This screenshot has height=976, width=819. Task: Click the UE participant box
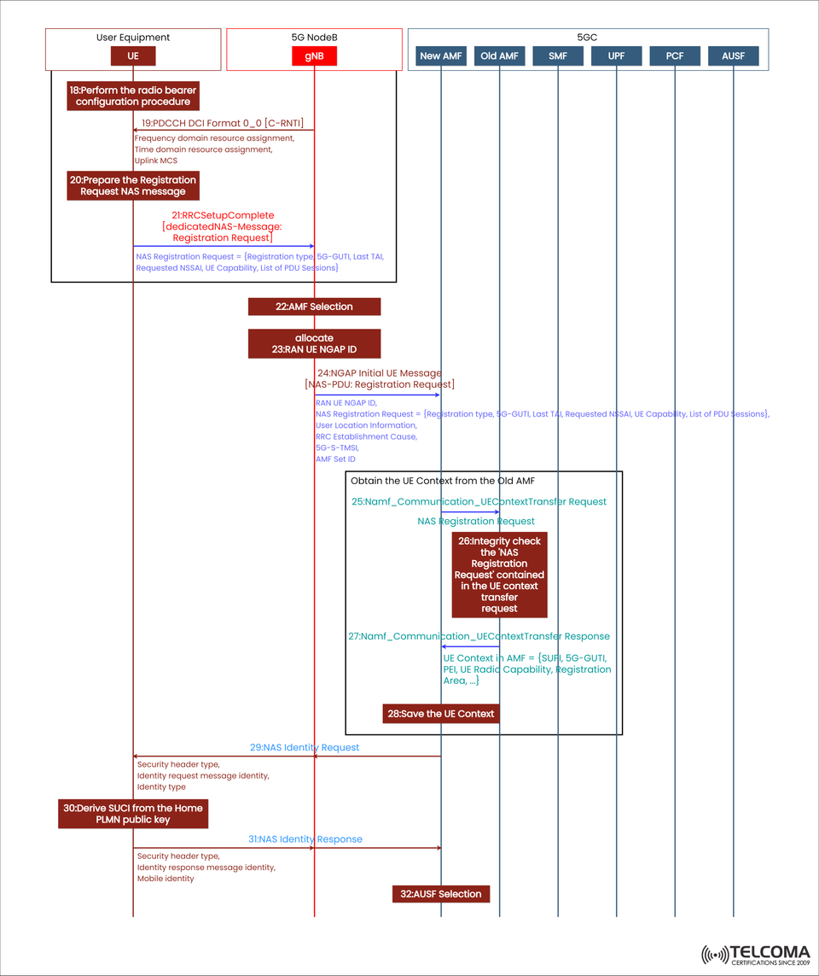[x=133, y=56]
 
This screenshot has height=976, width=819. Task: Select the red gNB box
[x=314, y=56]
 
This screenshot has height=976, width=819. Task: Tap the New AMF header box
[x=441, y=56]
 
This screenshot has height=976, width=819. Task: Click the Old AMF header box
[x=499, y=56]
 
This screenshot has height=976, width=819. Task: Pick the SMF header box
[x=558, y=56]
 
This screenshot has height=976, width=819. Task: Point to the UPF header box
[x=616, y=56]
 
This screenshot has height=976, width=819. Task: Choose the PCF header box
[x=675, y=56]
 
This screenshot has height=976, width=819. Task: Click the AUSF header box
[x=733, y=56]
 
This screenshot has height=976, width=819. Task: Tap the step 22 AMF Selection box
[x=314, y=307]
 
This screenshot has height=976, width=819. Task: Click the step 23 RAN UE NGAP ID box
[x=314, y=343]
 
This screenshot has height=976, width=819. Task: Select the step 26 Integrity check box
[x=499, y=575]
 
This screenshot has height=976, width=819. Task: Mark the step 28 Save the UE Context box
[x=440, y=714]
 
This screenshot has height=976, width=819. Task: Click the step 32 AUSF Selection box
[x=441, y=894]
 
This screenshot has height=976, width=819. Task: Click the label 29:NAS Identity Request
[x=305, y=747]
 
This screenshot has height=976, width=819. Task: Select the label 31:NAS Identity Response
[x=305, y=839]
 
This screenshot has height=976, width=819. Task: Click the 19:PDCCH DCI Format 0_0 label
[x=223, y=123]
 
